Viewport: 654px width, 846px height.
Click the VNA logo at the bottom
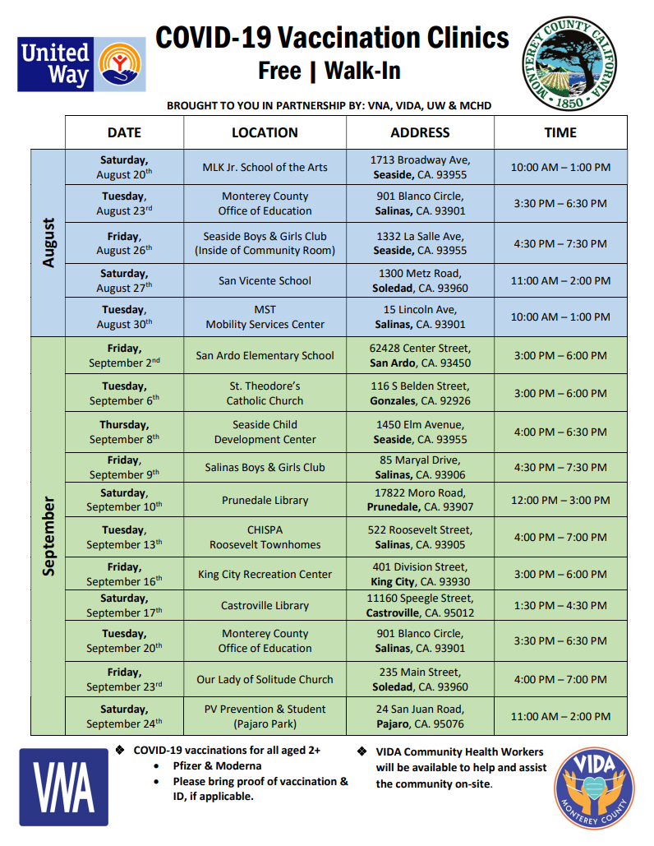[63, 787]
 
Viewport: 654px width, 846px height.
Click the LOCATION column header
[265, 132]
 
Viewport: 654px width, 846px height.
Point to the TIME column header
[560, 132]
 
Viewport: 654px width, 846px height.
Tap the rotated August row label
[48, 242]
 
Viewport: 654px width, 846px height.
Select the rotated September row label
[48, 535]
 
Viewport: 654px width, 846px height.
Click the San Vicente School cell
[265, 280]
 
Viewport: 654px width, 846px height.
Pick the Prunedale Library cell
[265, 500]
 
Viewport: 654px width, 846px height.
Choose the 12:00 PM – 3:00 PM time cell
[560, 500]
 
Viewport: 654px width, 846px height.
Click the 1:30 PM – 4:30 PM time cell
[560, 605]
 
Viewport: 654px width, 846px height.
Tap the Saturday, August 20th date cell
[124, 167]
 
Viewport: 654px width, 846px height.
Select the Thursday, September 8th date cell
[124, 432]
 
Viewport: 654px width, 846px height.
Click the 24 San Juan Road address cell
[420, 716]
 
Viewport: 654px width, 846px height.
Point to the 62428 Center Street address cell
[420, 355]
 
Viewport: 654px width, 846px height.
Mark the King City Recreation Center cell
[265, 574]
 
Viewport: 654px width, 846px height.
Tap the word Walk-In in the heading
[362, 71]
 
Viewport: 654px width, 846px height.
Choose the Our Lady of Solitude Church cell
[265, 679]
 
